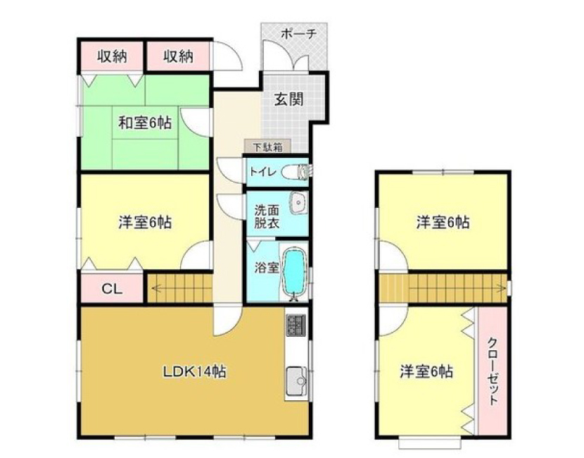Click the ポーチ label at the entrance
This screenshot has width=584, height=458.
pyautogui.click(x=298, y=35)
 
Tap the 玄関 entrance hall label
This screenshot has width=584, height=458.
pyautogui.click(x=288, y=99)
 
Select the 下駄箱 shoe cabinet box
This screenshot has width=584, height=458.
pyautogui.click(x=267, y=147)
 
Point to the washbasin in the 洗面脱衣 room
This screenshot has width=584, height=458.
pyautogui.click(x=298, y=203)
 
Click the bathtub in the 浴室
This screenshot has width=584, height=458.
pyautogui.click(x=294, y=273)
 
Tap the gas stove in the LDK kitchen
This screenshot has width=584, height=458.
pyautogui.click(x=296, y=325)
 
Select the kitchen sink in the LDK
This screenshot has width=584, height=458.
pyautogui.click(x=296, y=380)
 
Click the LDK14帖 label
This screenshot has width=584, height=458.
pyautogui.click(x=194, y=371)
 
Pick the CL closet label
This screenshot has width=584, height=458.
pyautogui.click(x=112, y=289)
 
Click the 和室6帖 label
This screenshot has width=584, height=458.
pyautogui.click(x=145, y=123)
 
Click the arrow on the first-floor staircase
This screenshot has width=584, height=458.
pyautogui.click(x=179, y=287)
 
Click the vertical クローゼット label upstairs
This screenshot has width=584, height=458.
pyautogui.click(x=493, y=371)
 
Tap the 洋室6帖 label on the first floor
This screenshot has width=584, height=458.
pyautogui.click(x=145, y=223)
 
